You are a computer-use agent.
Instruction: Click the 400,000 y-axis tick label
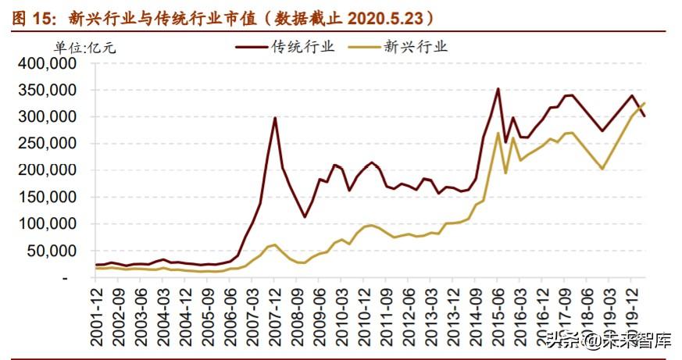[47, 63]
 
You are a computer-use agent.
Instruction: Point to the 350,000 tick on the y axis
[47, 91]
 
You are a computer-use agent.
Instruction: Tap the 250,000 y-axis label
[47, 144]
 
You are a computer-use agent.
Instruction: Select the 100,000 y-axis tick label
[47, 224]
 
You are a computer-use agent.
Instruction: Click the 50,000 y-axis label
[52, 251]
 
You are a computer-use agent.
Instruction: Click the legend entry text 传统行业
[303, 46]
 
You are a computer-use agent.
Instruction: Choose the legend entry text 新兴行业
[416, 46]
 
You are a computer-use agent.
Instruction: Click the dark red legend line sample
[252, 47]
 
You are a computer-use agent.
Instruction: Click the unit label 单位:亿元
[85, 47]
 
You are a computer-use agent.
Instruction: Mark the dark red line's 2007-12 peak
[274, 118]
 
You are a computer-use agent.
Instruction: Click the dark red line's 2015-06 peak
[498, 89]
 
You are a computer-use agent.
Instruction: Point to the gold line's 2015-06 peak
[498, 133]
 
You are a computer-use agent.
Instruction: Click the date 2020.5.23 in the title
[385, 18]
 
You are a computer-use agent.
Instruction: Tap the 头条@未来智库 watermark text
[609, 340]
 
